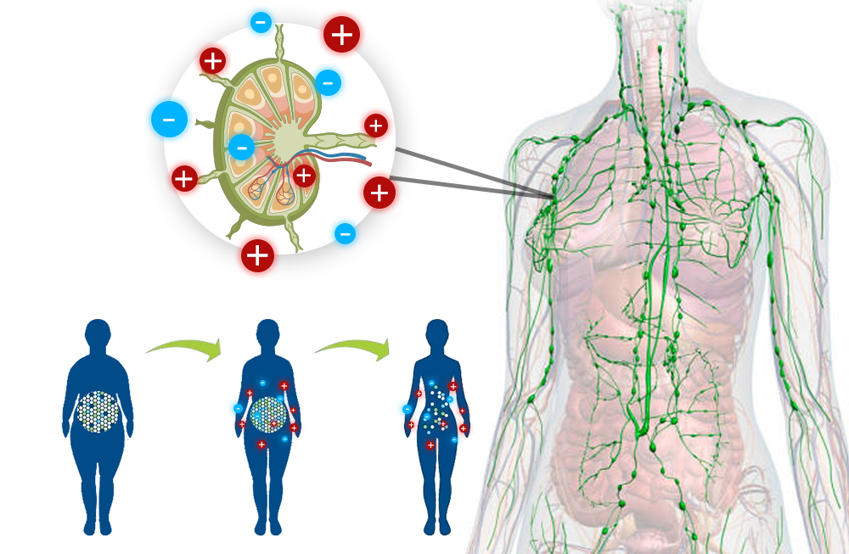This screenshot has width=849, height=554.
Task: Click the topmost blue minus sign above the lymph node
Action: pyautogui.click(x=261, y=22)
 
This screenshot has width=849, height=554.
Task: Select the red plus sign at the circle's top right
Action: pyautogui.click(x=341, y=35)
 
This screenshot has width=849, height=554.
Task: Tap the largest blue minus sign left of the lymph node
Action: pyautogui.click(x=169, y=120)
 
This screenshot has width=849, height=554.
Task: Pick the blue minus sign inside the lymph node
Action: pyautogui.click(x=241, y=148)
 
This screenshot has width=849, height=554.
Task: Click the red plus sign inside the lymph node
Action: pyautogui.click(x=304, y=176)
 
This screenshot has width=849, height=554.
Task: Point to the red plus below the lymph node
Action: pyautogui.click(x=257, y=255)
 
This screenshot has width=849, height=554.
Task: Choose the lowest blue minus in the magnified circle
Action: pyautogui.click(x=345, y=233)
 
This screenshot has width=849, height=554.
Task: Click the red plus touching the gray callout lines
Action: pyautogui.click(x=379, y=193)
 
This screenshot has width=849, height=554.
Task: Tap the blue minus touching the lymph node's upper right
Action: pyautogui.click(x=328, y=82)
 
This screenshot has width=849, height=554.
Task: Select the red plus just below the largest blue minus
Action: pyautogui.click(x=184, y=178)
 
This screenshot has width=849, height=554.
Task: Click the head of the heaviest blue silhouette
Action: pyautogui.click(x=98, y=333)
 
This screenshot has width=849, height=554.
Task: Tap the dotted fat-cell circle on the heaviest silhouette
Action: pyautogui.click(x=98, y=411)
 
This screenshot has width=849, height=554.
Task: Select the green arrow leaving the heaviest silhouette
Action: pyautogui.click(x=183, y=346)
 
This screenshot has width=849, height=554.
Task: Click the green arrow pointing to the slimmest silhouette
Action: pyautogui.click(x=351, y=346)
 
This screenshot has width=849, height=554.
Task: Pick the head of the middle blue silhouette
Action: pyautogui.click(x=267, y=333)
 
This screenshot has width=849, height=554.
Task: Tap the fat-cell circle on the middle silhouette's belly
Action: pyautogui.click(x=268, y=413)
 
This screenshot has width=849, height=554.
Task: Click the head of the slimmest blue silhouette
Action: pyautogui.click(x=436, y=333)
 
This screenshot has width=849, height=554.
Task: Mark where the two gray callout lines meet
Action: pyautogui.click(x=553, y=198)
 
